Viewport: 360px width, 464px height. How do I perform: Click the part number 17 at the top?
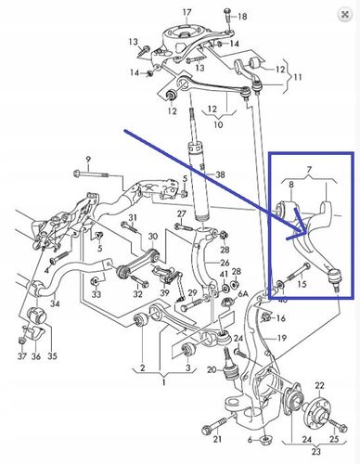pyautogui.click(x=187, y=13)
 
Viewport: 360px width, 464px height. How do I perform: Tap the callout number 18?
pyautogui.click(x=242, y=16)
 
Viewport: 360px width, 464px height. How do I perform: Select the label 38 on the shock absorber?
pyautogui.click(x=220, y=174)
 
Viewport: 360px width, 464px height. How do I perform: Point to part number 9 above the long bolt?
pyautogui.click(x=88, y=160)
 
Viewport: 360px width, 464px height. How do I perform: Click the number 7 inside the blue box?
pyautogui.click(x=309, y=170)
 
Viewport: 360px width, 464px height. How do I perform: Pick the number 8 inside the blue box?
pyautogui.click(x=291, y=185)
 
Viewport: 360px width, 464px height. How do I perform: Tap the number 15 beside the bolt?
pyautogui.click(x=302, y=283)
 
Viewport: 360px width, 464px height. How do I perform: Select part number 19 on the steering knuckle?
pyautogui.click(x=282, y=338)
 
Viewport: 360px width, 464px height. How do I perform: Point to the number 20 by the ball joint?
pyautogui.click(x=212, y=369)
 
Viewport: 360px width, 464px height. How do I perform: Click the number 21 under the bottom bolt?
pyautogui.click(x=217, y=438)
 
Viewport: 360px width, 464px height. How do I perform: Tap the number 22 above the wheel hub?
pyautogui.click(x=319, y=386)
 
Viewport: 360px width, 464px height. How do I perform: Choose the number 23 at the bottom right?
pyautogui.click(x=315, y=452)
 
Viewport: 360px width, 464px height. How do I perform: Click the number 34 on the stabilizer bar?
pyautogui.click(x=55, y=303)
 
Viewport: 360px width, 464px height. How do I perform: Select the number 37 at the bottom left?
pyautogui.click(x=22, y=356)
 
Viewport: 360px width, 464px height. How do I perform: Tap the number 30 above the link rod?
pyautogui.click(x=153, y=237)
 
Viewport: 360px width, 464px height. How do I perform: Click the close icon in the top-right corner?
pyautogui.click(x=345, y=14)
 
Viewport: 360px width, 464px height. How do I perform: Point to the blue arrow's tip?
pyautogui.click(x=306, y=233)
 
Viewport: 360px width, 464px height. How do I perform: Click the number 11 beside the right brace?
pyautogui.click(x=297, y=76)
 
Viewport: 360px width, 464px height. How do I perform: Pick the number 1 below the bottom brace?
pyautogui.click(x=164, y=382)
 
